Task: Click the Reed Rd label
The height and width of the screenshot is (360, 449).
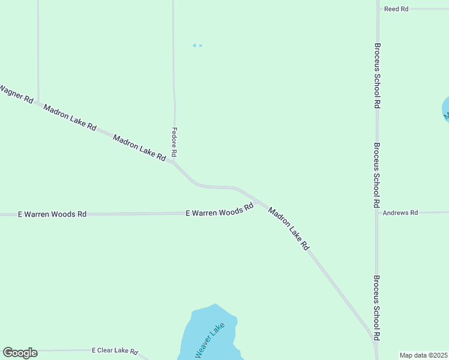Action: pyautogui.click(x=396, y=9)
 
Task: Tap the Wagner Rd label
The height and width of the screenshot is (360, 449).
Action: pyautogui.click(x=16, y=94)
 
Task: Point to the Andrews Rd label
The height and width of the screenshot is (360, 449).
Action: pyautogui.click(x=400, y=212)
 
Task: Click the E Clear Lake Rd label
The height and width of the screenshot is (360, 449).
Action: pyautogui.click(x=115, y=351)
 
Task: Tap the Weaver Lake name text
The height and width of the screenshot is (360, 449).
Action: pyautogui.click(x=210, y=341)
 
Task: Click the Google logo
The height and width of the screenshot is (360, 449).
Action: pyautogui.click(x=20, y=353)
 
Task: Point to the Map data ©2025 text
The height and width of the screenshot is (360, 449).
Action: pyautogui.click(x=423, y=355)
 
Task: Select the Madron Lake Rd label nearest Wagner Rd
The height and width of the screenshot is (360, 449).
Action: pyautogui.click(x=70, y=116)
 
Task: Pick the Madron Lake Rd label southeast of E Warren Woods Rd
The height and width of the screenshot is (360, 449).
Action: pyautogui.click(x=289, y=229)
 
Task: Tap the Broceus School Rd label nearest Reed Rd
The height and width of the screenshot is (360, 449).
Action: pyautogui.click(x=377, y=75)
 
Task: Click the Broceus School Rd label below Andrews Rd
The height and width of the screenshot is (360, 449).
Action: pyautogui.click(x=376, y=308)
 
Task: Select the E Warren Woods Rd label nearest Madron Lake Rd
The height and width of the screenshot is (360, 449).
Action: pyautogui.click(x=219, y=212)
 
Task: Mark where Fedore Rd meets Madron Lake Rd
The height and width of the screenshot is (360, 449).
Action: pyautogui.click(x=175, y=161)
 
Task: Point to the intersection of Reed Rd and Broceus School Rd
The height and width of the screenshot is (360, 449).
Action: pyautogui.click(x=378, y=9)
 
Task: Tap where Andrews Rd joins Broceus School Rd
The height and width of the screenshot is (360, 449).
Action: pyautogui.click(x=377, y=212)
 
